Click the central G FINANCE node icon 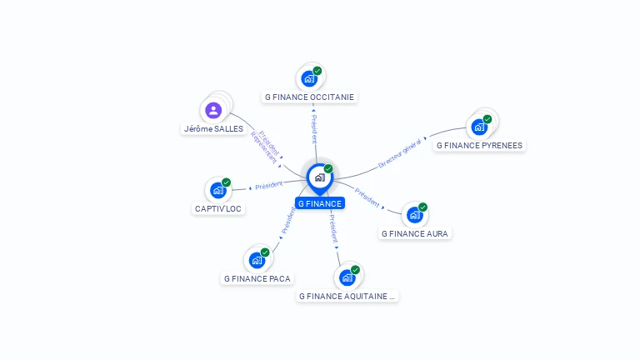pos(319,177)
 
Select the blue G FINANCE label pos(320,203)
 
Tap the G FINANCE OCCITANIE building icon pos(310,78)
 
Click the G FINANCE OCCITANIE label pos(309,97)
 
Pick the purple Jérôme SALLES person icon pos(214,110)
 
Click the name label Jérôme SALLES pos(214,129)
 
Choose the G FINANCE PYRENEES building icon pos(479,127)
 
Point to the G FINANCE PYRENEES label pos(479,145)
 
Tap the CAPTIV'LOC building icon pos(218,190)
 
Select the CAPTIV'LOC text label pos(218,208)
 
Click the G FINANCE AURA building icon pos(415,215)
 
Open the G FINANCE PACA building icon pos(257,260)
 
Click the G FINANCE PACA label pos(257,278)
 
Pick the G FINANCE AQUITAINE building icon pos(347,277)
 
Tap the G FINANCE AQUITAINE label pos(347,296)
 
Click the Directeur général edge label pos(400,154)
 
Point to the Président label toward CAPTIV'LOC pos(268,184)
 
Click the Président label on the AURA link pos(367,197)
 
